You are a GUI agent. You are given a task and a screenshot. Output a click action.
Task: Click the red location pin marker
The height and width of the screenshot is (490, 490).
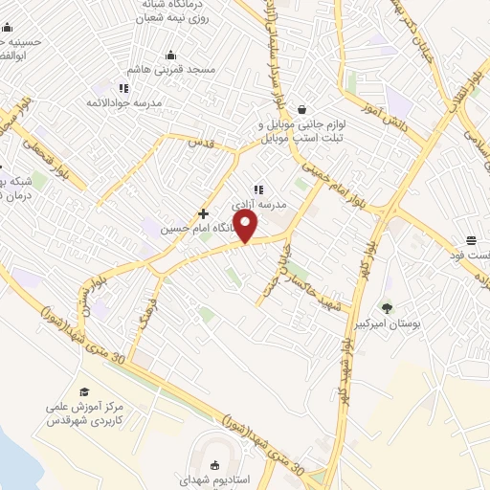(246, 226)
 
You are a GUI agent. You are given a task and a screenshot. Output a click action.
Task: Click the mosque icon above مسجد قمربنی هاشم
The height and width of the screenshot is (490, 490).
(170, 55)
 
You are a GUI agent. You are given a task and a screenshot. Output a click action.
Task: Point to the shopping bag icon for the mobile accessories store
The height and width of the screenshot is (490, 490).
(302, 108)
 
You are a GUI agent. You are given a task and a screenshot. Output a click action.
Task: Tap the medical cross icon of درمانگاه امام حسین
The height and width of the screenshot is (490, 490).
(203, 212)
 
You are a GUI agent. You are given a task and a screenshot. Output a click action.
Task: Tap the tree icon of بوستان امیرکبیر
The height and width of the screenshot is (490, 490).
(387, 308)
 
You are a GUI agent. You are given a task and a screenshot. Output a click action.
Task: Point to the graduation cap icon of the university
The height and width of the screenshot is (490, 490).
(83, 392)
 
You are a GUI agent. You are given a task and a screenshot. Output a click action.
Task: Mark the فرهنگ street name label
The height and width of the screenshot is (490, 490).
(144, 312)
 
